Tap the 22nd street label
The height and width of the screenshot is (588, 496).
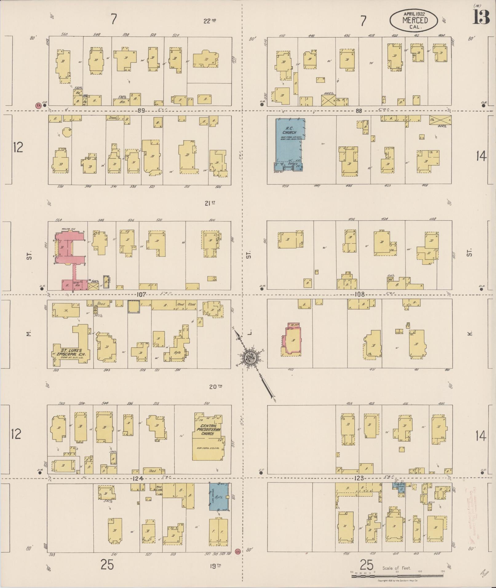(210, 21)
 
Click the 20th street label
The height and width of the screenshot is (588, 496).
(216, 387)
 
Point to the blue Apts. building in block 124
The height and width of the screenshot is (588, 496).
(219, 497)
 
